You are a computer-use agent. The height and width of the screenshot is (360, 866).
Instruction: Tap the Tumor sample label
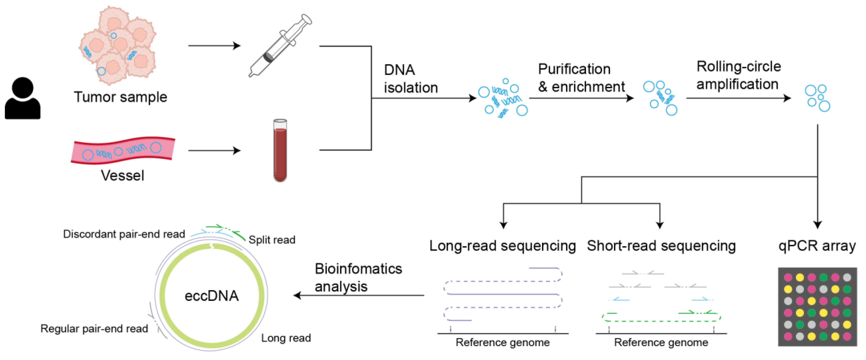click(120, 97)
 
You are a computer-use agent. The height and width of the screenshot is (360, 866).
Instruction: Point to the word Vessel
click(122, 176)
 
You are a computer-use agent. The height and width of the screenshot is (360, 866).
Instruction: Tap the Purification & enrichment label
click(581, 78)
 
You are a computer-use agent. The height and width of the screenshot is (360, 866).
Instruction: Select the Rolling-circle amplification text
click(738, 75)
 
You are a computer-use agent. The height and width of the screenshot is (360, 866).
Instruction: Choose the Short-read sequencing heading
click(661, 246)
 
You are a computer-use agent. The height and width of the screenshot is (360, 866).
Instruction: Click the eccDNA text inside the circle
click(212, 296)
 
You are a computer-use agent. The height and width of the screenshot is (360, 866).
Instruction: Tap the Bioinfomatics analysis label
click(358, 278)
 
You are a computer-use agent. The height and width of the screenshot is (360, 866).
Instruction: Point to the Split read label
click(272, 240)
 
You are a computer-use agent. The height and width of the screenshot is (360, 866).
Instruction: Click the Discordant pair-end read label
click(124, 234)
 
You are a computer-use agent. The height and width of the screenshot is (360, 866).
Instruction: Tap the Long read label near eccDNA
click(286, 338)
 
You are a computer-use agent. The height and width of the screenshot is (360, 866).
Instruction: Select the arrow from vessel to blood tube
click(214, 150)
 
